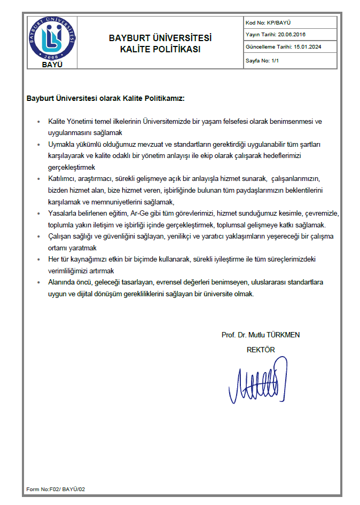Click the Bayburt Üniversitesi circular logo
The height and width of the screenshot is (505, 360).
pos(52,38)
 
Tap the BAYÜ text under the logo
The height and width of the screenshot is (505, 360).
pos(52,65)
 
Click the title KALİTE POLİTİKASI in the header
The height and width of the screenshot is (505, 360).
pos(160,50)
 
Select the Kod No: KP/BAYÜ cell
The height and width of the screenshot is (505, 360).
pos(268,23)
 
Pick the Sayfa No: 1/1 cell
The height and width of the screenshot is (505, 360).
pos(263,60)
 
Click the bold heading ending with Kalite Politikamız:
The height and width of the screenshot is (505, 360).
pos(105,99)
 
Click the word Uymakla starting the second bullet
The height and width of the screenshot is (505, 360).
pos(60,145)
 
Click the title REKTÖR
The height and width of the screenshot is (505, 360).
pos(260,350)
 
